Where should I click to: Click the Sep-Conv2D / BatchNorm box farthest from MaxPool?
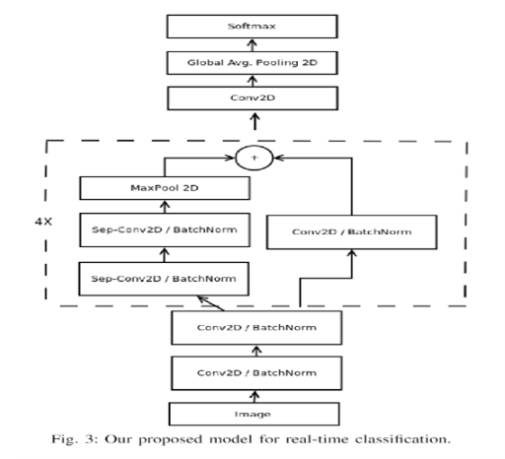[x=162, y=281]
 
